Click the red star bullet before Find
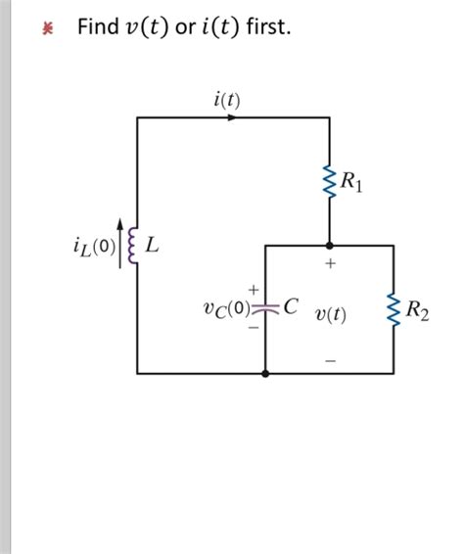coord(45,29)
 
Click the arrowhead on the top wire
coord(232,117)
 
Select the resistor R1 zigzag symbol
coord(329,179)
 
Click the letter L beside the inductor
coord(152,245)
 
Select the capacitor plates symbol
coord(265,306)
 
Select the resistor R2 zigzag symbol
coord(394,313)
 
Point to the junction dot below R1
coord(330,245)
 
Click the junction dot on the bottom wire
coord(265,373)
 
